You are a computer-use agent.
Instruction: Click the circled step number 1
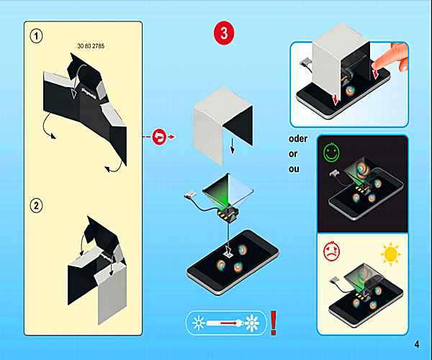36,36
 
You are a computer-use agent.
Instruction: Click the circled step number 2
36,206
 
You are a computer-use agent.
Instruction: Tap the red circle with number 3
224,34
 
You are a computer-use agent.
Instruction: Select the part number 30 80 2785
91,46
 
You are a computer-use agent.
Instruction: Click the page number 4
417,344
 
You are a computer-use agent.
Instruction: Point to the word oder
298,138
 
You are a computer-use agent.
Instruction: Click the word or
293,153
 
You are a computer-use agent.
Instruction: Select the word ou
294,168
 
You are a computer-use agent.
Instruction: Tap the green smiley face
331,152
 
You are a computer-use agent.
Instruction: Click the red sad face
331,251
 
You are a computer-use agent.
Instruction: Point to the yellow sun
391,254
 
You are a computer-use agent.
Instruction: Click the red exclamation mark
274,323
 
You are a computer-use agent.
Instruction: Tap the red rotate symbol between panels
159,137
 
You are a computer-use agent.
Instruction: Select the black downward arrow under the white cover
233,146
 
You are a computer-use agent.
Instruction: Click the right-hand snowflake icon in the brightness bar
252,323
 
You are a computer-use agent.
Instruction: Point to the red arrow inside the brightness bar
229,323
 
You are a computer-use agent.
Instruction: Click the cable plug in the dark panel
335,173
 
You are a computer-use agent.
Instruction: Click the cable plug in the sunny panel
335,280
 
